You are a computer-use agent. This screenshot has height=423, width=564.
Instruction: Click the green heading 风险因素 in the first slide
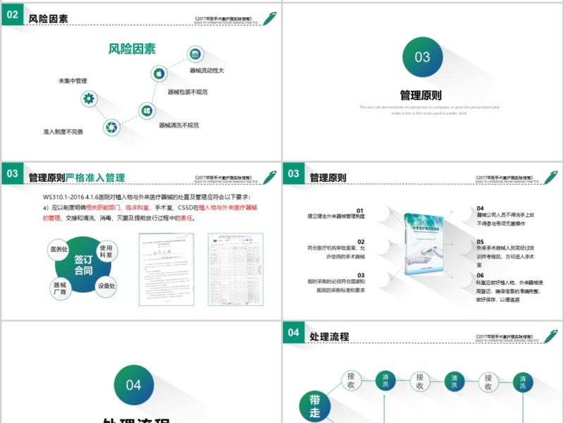click(132, 49)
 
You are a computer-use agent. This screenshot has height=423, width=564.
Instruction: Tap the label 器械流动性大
click(207, 70)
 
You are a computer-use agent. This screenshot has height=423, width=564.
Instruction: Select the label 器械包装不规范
click(187, 92)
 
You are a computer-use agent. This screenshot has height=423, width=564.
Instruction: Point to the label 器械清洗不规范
click(178, 125)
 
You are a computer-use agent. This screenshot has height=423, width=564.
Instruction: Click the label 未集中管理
click(73, 81)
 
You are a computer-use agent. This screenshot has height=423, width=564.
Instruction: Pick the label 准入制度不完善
click(63, 132)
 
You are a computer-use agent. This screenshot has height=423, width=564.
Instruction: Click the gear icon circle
click(88, 99)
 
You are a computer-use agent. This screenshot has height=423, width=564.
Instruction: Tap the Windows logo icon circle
click(146, 110)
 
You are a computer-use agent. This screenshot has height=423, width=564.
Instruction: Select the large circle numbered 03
click(422, 56)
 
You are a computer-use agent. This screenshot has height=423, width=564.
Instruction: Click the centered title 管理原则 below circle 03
click(421, 95)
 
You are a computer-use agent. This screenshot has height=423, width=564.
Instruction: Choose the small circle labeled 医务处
click(58, 250)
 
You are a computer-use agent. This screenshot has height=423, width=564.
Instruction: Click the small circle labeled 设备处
click(107, 286)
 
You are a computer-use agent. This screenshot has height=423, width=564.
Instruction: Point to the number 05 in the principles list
click(480, 242)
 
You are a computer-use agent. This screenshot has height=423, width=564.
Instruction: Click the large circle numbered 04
click(133, 385)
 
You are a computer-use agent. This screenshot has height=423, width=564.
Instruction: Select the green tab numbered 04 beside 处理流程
click(293, 333)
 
